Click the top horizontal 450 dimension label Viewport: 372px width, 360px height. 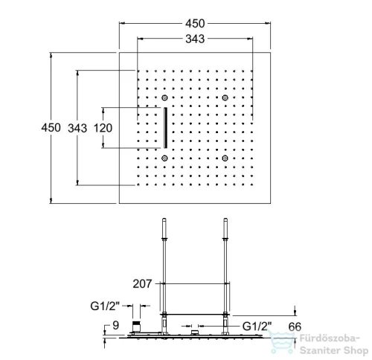click(195, 24)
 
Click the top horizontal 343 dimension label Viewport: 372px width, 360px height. click(195, 39)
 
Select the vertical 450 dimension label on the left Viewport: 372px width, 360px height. click(51, 128)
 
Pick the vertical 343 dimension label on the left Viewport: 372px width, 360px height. click(77, 128)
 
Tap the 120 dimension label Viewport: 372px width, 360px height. click(103, 128)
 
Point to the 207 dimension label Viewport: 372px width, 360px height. click(142, 283)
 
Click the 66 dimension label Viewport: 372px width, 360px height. click(295, 327)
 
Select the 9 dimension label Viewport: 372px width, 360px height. click(116, 325)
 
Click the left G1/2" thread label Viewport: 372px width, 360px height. click(105, 306)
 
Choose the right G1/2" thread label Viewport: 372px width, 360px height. click(257, 327)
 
